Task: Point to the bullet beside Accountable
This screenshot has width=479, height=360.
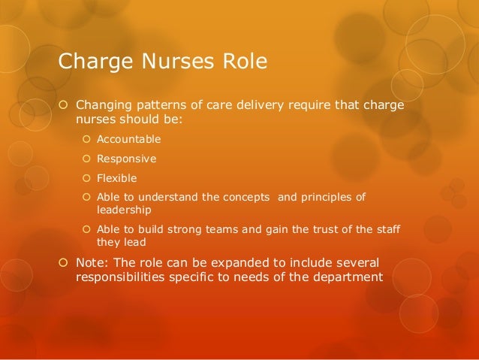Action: click(x=86, y=139)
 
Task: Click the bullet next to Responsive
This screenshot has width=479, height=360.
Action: click(x=86, y=159)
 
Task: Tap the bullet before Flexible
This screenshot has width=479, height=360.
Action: click(x=86, y=178)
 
